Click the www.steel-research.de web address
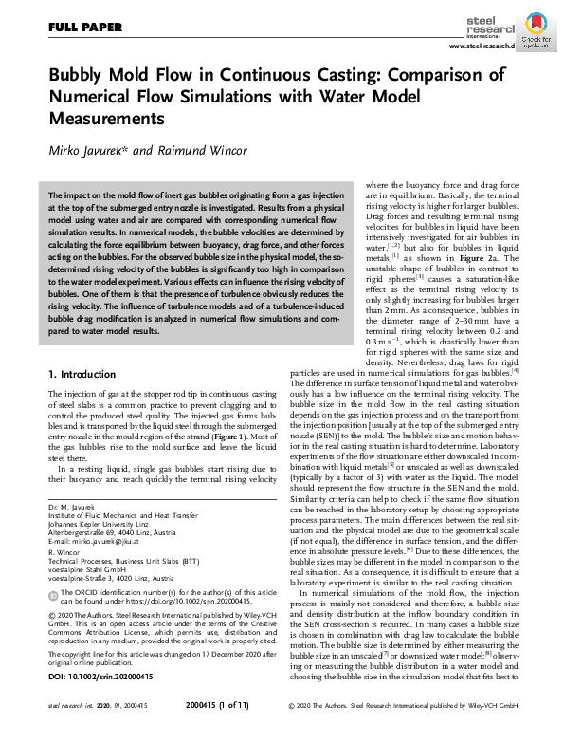(x=481, y=46)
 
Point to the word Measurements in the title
(x=104, y=119)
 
